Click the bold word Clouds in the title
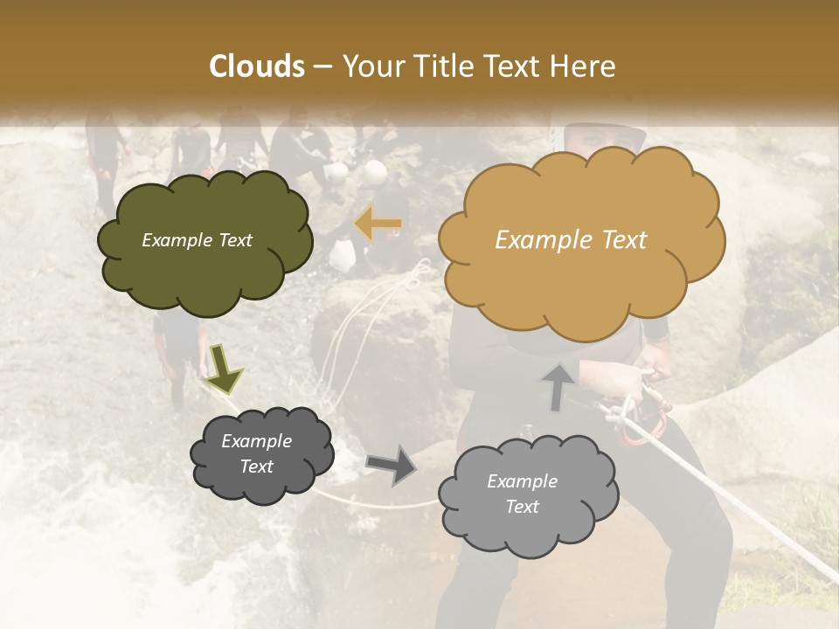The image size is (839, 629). [257, 66]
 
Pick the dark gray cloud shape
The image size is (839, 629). [261, 454]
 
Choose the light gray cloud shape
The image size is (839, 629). [528, 494]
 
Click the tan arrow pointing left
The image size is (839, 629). [378, 225]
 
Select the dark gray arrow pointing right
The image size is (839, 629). [392, 465]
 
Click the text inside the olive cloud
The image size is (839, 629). [197, 240]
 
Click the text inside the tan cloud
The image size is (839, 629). [571, 240]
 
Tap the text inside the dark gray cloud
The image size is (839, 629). [257, 454]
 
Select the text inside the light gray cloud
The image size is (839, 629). [522, 494]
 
